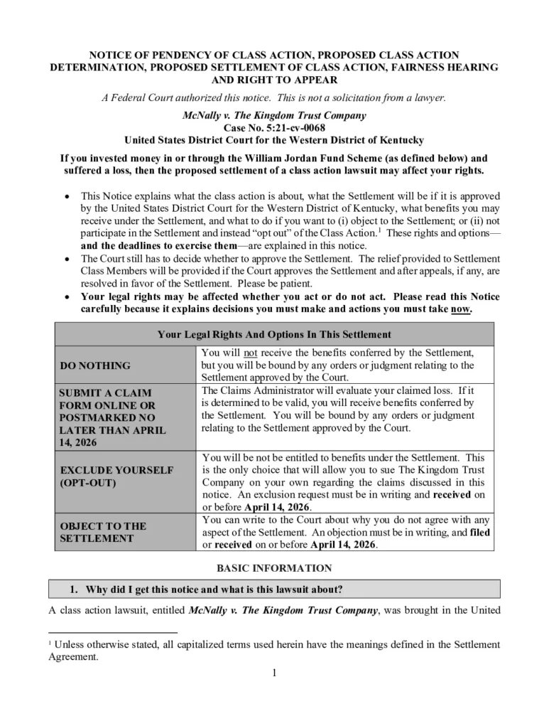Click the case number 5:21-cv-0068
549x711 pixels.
point(274,127)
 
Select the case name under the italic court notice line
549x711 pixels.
point(274,115)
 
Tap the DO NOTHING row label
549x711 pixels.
point(95,365)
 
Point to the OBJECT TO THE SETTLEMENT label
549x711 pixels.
point(103,532)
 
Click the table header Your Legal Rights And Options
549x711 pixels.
point(274,334)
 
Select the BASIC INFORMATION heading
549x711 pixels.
point(274,568)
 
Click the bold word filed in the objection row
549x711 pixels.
point(479,532)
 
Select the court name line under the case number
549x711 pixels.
point(274,139)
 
